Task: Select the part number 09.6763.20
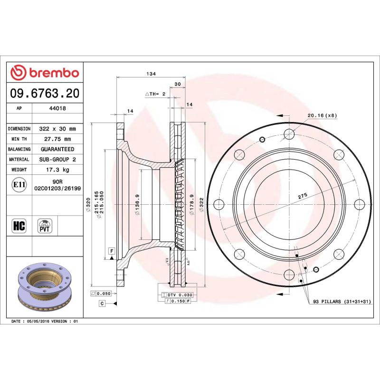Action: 45,93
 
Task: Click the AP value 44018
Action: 57,108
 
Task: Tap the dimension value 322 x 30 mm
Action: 57,129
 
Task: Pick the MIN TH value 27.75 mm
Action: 57,139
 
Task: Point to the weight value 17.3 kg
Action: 57,170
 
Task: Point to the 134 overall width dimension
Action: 151,74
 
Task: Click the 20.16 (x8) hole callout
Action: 322,115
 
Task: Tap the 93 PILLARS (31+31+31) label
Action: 342,302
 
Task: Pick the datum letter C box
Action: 102,303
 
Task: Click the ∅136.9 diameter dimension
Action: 137,204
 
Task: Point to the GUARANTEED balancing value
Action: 57,149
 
